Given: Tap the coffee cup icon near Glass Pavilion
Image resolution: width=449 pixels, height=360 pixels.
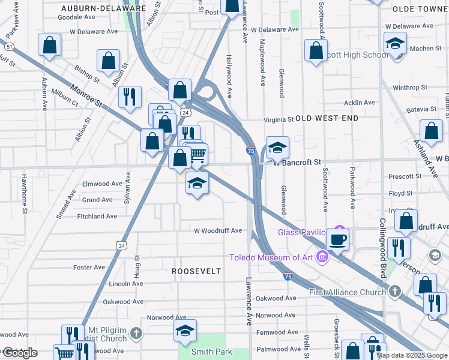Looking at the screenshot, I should pos(337,239).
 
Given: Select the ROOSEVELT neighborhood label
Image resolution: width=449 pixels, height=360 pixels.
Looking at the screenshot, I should pos(196,271).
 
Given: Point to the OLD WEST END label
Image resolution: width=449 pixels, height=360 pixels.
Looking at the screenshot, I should pos(327,119).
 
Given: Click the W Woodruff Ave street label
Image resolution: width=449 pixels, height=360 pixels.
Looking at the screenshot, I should pos(217,230).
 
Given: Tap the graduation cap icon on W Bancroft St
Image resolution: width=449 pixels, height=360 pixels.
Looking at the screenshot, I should pos(277,147).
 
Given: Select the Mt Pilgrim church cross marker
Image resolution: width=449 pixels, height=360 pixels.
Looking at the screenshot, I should pos(136,332).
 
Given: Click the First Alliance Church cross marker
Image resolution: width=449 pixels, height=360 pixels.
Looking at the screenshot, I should pos(394,291).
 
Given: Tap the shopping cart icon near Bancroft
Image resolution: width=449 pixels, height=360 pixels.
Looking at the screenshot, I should pos(197,155).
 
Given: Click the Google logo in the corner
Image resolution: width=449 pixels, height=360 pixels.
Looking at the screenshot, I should pos(19,353).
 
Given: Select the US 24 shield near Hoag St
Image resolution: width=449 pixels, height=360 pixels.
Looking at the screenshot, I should pos(122,245).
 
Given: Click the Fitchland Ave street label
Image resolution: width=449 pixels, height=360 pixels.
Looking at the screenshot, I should pos(97,216).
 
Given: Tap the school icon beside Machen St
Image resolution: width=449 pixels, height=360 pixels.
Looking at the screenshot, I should pos(396,43).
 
